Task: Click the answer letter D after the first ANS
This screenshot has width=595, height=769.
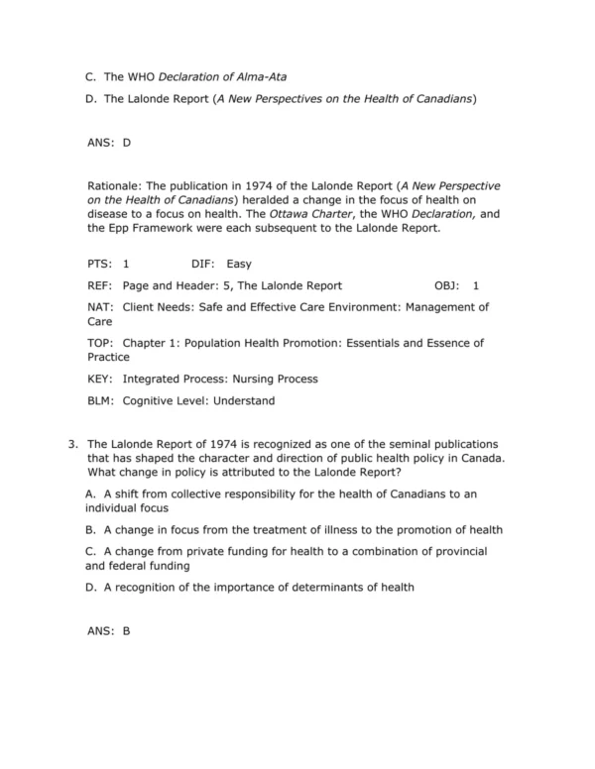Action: pos(127,143)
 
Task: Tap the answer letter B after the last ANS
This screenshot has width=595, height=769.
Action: pos(127,630)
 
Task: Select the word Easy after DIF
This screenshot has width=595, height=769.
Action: pos(239,265)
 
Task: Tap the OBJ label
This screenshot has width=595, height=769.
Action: pos(447,285)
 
